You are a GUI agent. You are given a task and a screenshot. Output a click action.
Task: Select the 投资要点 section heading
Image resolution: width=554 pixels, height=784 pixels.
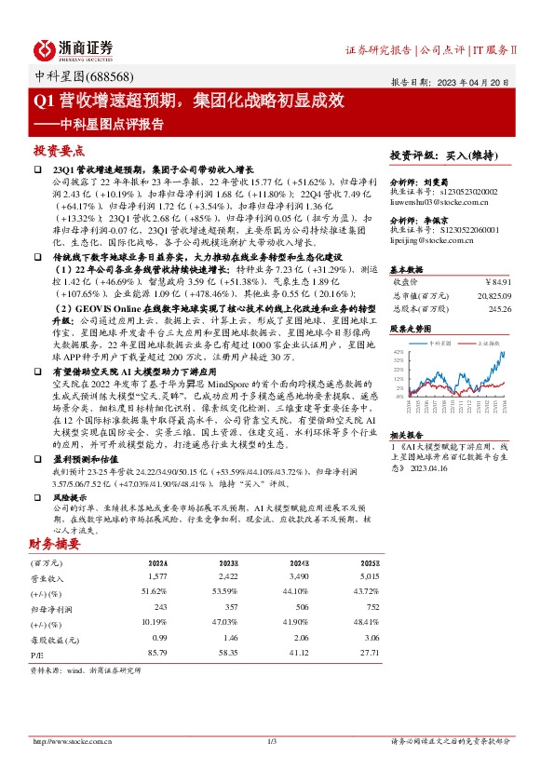coord(59,150)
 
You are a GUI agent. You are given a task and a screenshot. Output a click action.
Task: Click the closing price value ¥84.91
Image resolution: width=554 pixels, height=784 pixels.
coord(498,280)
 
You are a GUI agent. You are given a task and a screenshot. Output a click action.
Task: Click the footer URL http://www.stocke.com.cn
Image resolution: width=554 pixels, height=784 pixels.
coord(73,741)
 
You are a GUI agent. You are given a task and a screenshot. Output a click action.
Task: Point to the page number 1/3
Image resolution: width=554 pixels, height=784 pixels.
coord(273,741)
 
